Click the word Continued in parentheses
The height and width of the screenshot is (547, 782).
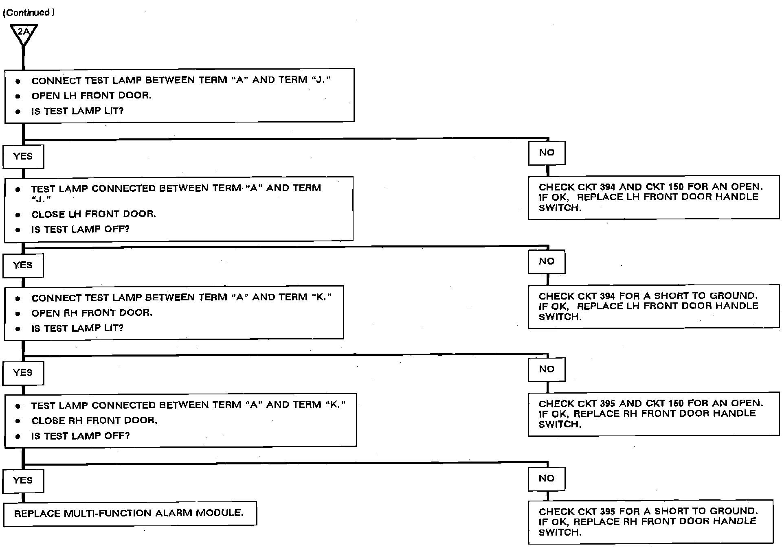tap(28, 13)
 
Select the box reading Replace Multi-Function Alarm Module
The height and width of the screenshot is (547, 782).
tap(130, 513)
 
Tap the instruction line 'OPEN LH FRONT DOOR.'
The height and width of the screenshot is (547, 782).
tap(91, 96)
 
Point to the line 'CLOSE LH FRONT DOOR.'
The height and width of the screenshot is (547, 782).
tap(94, 214)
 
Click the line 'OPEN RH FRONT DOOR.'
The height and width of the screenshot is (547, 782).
tap(92, 313)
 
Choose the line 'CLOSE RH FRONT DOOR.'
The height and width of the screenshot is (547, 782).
tap(94, 420)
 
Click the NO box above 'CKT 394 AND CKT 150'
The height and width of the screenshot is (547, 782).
tap(547, 153)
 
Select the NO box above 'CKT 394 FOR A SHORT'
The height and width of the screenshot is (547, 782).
tap(547, 261)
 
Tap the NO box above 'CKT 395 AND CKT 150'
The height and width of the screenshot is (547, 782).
tap(547, 369)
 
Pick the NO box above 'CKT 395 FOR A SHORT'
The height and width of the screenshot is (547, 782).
tap(547, 478)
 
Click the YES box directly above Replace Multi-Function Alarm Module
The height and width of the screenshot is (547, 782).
tap(23, 480)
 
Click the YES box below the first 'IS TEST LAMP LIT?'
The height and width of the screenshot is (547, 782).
tap(23, 156)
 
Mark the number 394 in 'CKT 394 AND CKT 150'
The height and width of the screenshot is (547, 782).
tap(608, 187)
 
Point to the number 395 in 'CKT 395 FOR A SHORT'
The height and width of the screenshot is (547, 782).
tap(608, 512)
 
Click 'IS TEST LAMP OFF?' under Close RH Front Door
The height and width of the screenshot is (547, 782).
tap(80, 436)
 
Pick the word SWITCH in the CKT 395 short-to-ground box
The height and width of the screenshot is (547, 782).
tap(559, 532)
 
